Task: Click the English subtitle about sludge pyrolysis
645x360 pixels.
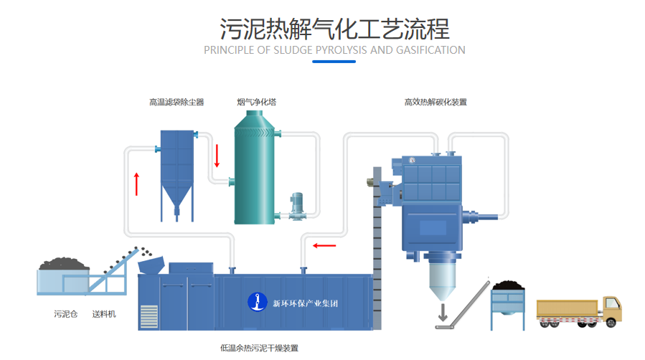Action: click(334, 50)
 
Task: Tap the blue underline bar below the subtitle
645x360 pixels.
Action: click(334, 62)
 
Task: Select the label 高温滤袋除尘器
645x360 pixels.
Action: click(176, 103)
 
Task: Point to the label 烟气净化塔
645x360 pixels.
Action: click(256, 103)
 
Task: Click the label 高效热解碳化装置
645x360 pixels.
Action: click(436, 103)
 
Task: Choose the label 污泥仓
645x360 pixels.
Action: click(65, 314)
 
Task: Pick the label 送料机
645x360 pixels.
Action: click(105, 314)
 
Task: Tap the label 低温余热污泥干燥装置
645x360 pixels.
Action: click(259, 348)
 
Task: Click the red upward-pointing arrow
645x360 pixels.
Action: click(136, 183)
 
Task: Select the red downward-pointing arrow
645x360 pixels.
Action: click(216, 156)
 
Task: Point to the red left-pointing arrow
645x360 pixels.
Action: click(324, 246)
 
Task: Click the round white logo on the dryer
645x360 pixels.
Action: click(254, 302)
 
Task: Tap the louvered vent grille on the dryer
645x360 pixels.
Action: click(149, 316)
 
